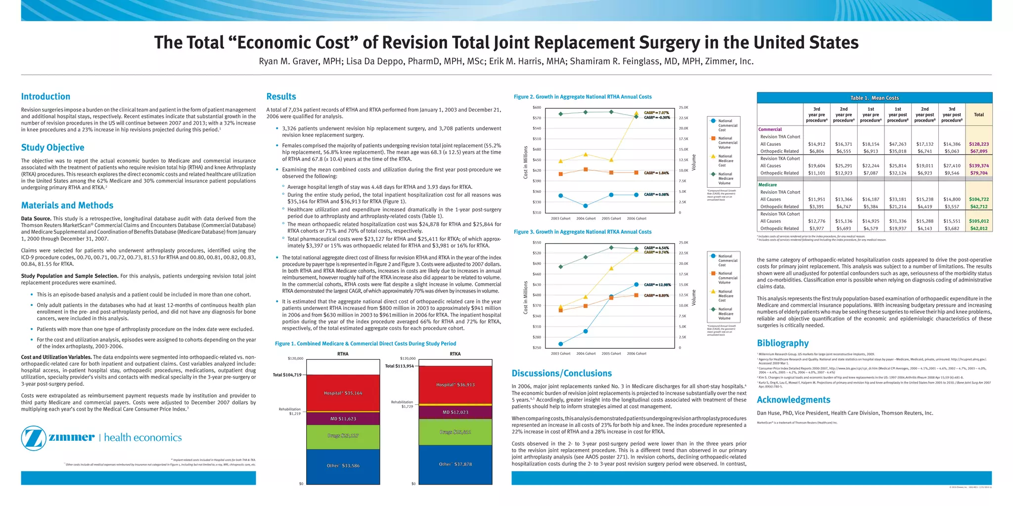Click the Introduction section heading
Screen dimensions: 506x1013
click(46, 97)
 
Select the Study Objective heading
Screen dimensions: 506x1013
click(52, 148)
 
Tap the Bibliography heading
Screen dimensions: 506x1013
click(783, 343)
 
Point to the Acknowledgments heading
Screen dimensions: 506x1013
click(793, 400)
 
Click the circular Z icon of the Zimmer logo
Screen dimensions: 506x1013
click(34, 438)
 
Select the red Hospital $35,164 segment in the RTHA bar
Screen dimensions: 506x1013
click(343, 393)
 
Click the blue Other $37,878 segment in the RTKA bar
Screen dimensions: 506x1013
click(455, 464)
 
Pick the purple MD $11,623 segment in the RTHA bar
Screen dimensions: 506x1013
click(343, 419)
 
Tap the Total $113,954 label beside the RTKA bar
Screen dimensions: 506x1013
click(399, 366)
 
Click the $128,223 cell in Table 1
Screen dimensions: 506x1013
click(978, 144)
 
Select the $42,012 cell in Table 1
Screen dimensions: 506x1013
click(978, 228)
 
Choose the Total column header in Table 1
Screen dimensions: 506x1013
click(978, 115)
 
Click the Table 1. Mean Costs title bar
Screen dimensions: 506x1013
click(874, 98)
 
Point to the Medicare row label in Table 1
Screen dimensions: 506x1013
click(768, 185)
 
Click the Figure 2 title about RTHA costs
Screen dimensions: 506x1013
click(582, 97)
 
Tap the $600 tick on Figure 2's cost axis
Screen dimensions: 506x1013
click(537, 108)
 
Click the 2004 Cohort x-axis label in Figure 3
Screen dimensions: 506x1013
click(586, 354)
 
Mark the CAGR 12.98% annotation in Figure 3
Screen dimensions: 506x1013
click(656, 285)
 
